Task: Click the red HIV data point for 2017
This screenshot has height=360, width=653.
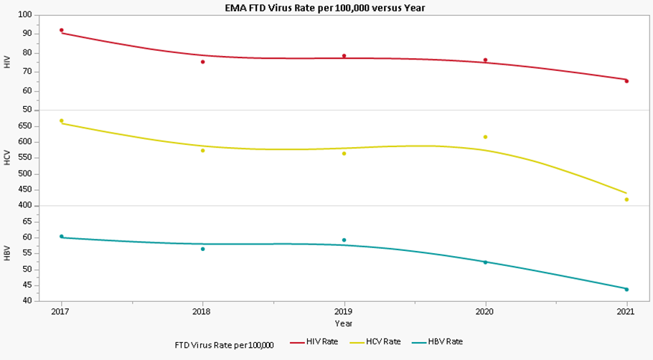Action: [x=62, y=30]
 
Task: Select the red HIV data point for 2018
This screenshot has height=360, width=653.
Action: [x=203, y=62]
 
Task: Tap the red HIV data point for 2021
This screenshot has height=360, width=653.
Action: [x=626, y=81]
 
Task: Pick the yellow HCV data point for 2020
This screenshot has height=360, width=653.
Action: [x=485, y=137]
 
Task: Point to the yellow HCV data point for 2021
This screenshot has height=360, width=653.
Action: [x=626, y=199]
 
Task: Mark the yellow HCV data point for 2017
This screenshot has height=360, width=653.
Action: [x=62, y=120]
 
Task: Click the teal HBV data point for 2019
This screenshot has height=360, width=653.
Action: [x=344, y=240]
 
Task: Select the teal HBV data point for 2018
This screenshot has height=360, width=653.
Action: [x=203, y=249]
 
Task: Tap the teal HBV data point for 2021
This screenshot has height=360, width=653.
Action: [x=626, y=290]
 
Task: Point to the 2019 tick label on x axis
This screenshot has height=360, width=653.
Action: [x=344, y=312]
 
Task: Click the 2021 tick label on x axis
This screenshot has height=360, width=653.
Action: [x=626, y=312]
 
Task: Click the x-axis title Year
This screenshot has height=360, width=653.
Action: [x=344, y=323]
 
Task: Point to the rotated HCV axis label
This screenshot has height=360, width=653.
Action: [x=7, y=158]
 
